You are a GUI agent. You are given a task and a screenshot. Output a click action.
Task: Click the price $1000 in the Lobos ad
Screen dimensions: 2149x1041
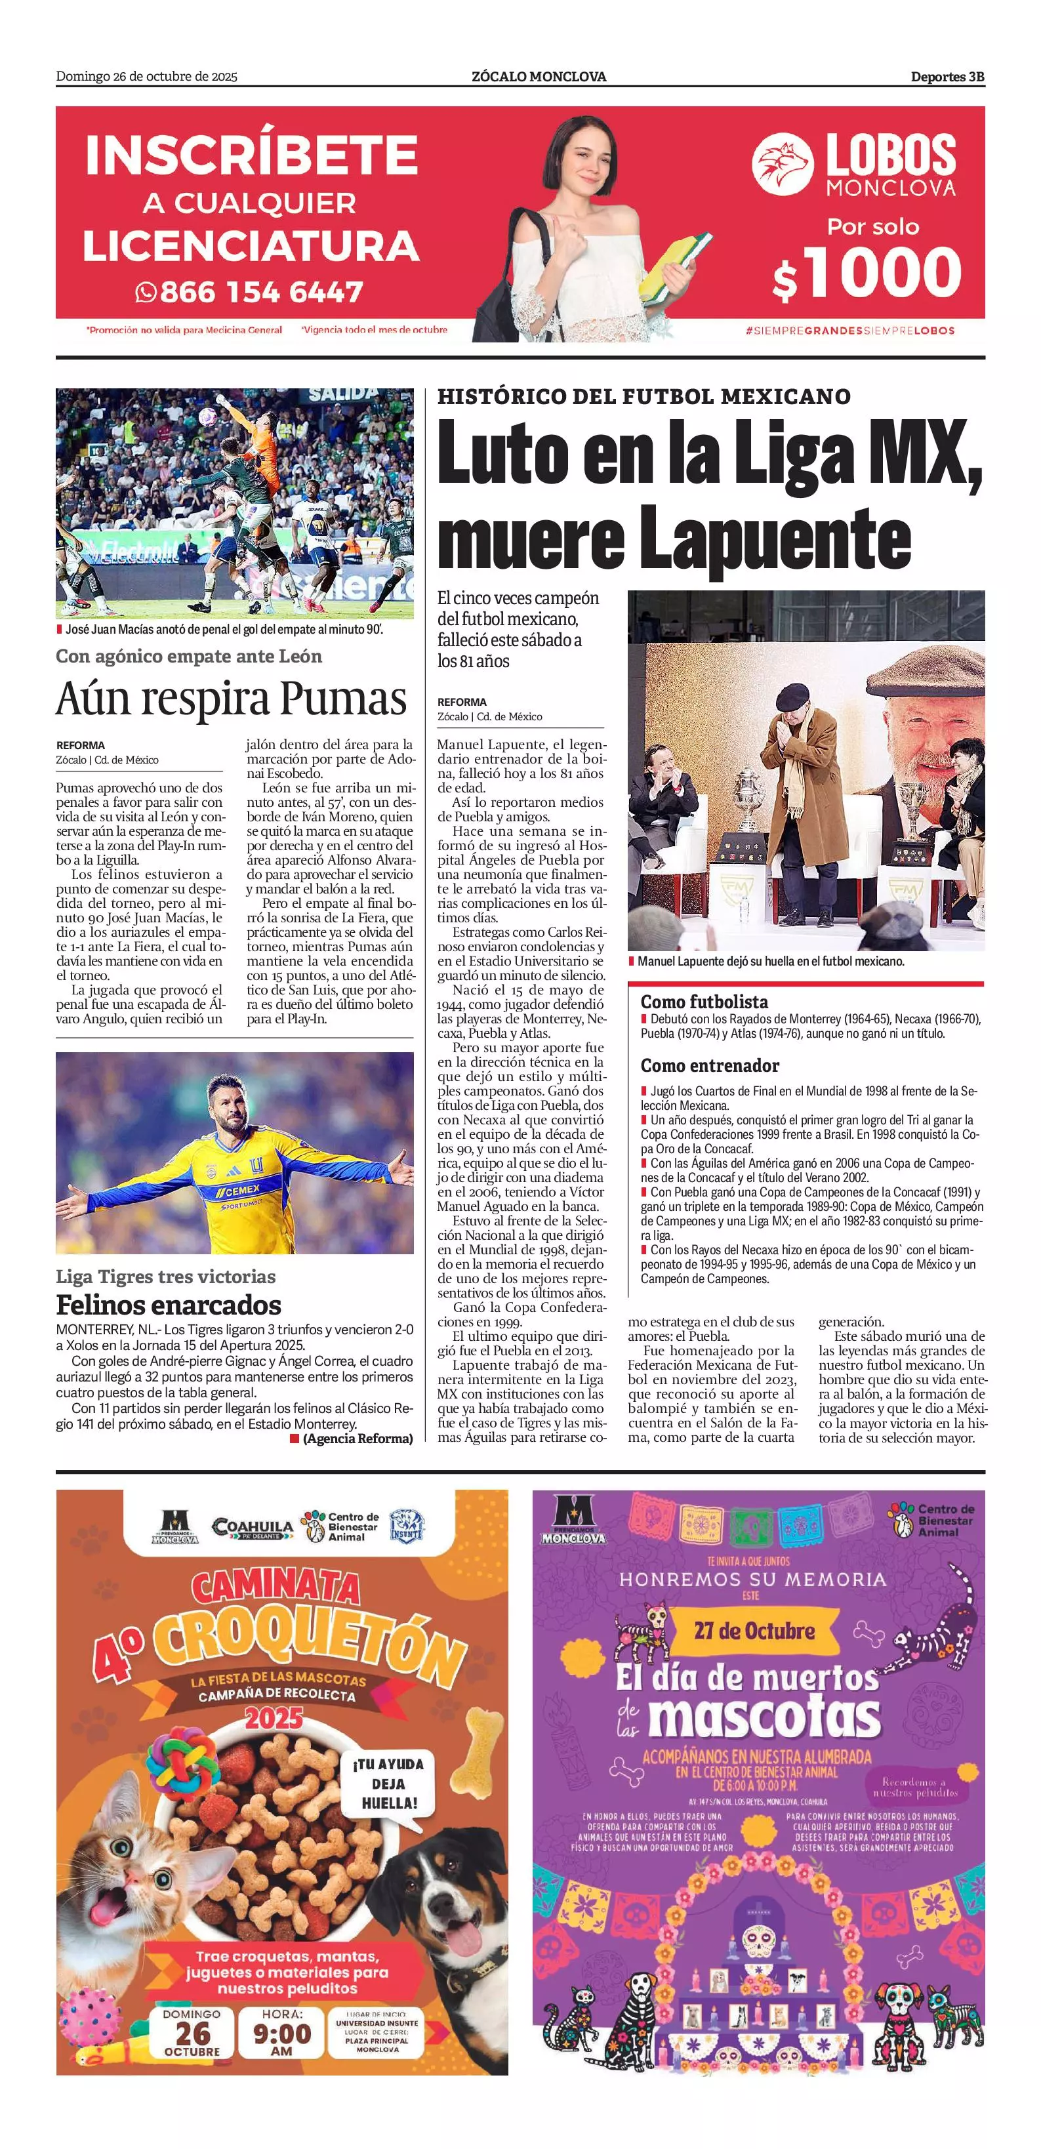point(867,273)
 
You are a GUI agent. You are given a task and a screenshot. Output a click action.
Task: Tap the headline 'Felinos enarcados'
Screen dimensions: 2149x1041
point(169,1305)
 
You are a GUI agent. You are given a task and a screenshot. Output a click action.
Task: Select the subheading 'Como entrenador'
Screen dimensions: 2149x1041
point(710,1065)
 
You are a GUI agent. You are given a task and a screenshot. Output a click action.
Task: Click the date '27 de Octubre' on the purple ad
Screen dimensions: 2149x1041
point(754,1630)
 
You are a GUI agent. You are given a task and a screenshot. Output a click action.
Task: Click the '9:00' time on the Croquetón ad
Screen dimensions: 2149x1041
point(282,2034)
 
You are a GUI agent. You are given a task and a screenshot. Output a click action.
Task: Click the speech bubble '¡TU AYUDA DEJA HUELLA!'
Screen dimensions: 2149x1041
point(388,1784)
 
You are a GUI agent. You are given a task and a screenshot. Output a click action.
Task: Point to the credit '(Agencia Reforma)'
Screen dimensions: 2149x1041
point(357,1438)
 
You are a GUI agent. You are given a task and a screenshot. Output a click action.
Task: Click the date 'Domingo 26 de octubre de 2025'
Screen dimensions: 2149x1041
point(147,77)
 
